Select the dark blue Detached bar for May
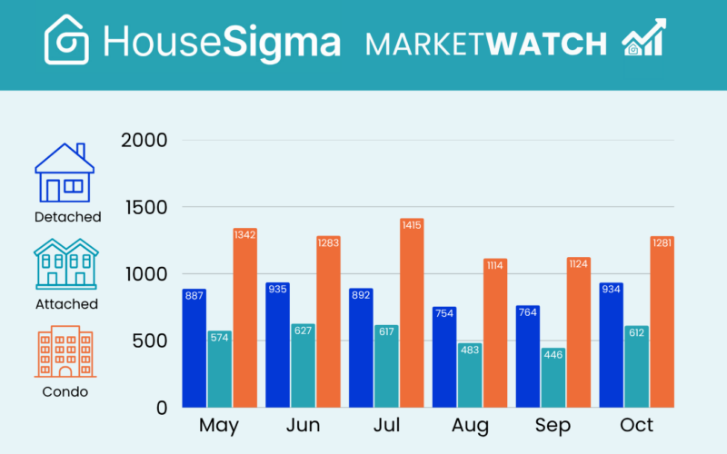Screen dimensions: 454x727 (x=194, y=349)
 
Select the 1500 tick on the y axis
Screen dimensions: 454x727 (x=144, y=207)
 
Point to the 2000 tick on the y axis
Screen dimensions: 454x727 (x=144, y=141)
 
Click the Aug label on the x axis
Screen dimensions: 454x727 (x=470, y=425)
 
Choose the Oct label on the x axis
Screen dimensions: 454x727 (x=636, y=425)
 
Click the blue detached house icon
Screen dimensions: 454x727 (x=65, y=173)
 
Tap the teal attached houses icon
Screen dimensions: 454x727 (x=66, y=264)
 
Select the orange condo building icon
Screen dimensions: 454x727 (x=65, y=352)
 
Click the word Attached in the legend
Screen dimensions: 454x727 (x=66, y=304)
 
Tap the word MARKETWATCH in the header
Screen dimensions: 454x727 (x=486, y=43)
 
